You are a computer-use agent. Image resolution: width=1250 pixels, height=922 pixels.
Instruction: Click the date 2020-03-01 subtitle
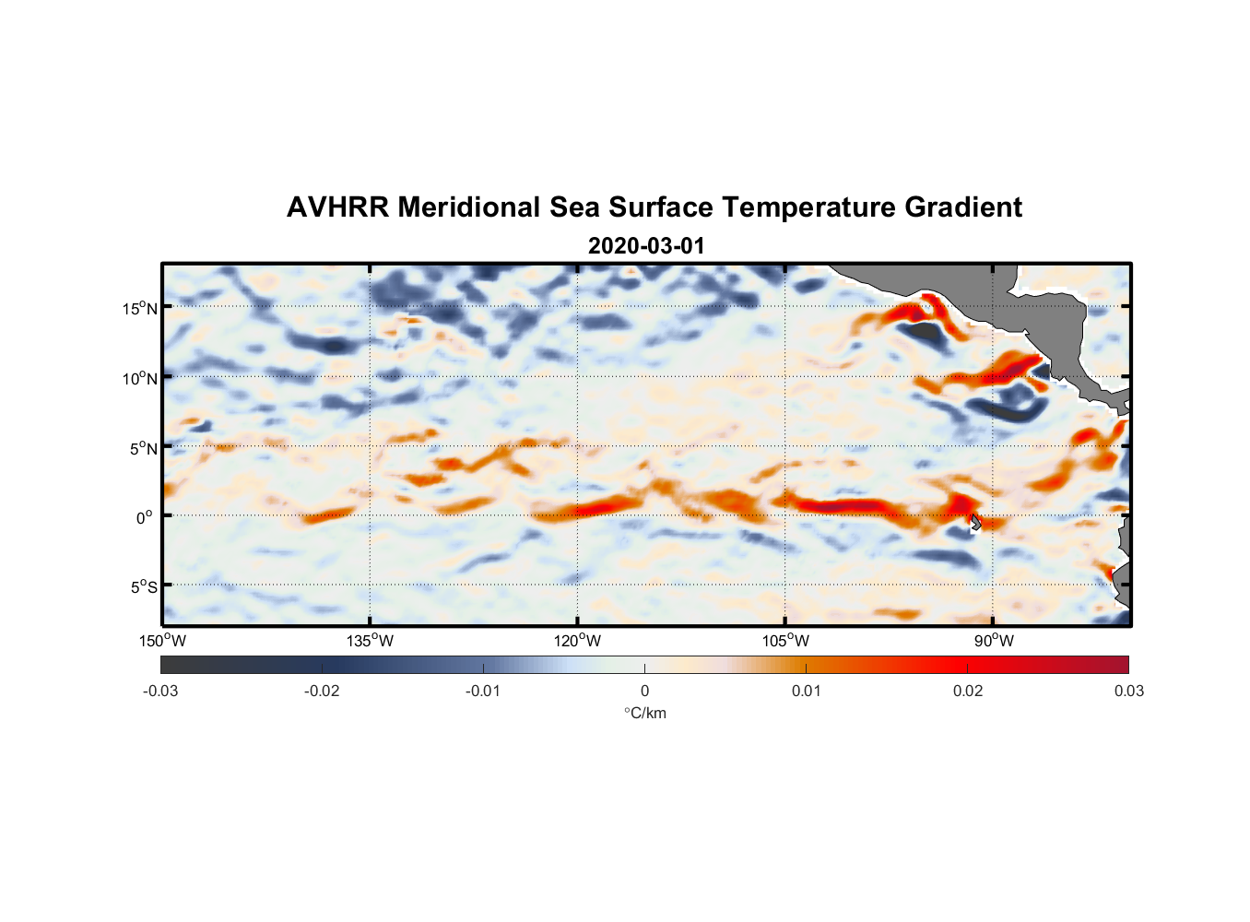click(646, 246)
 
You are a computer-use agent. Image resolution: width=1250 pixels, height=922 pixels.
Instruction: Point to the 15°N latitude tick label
click(140, 308)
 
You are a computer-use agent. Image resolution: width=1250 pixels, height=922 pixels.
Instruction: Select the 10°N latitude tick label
click(140, 378)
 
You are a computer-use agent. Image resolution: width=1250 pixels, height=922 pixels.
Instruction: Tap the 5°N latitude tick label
click(143, 448)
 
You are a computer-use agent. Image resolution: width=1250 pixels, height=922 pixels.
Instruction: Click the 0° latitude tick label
click(145, 517)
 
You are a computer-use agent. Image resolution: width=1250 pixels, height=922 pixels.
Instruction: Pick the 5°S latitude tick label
click(143, 586)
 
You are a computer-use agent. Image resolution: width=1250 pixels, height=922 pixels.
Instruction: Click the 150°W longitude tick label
click(162, 641)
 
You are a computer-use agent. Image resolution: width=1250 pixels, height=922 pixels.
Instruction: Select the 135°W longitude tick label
click(370, 641)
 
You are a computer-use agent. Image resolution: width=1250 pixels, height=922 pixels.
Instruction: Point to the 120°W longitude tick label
click(577, 641)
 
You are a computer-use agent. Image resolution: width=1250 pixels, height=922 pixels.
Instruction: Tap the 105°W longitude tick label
click(785, 641)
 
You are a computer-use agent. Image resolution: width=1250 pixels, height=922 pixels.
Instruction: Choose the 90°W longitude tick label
click(994, 641)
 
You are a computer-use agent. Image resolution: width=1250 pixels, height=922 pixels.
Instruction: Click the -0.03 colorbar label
click(160, 691)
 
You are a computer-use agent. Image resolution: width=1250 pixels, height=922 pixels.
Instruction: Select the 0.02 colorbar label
click(968, 691)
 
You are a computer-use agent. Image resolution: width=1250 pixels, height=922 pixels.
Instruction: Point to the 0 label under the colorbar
click(644, 691)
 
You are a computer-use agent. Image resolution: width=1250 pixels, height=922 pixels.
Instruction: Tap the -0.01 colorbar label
click(483, 691)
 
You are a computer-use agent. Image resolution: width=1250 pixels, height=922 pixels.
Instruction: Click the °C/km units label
click(644, 713)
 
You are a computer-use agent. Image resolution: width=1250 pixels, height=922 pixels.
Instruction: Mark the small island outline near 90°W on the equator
click(975, 522)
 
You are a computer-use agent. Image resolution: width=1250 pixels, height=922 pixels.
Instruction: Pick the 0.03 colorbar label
click(1128, 691)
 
